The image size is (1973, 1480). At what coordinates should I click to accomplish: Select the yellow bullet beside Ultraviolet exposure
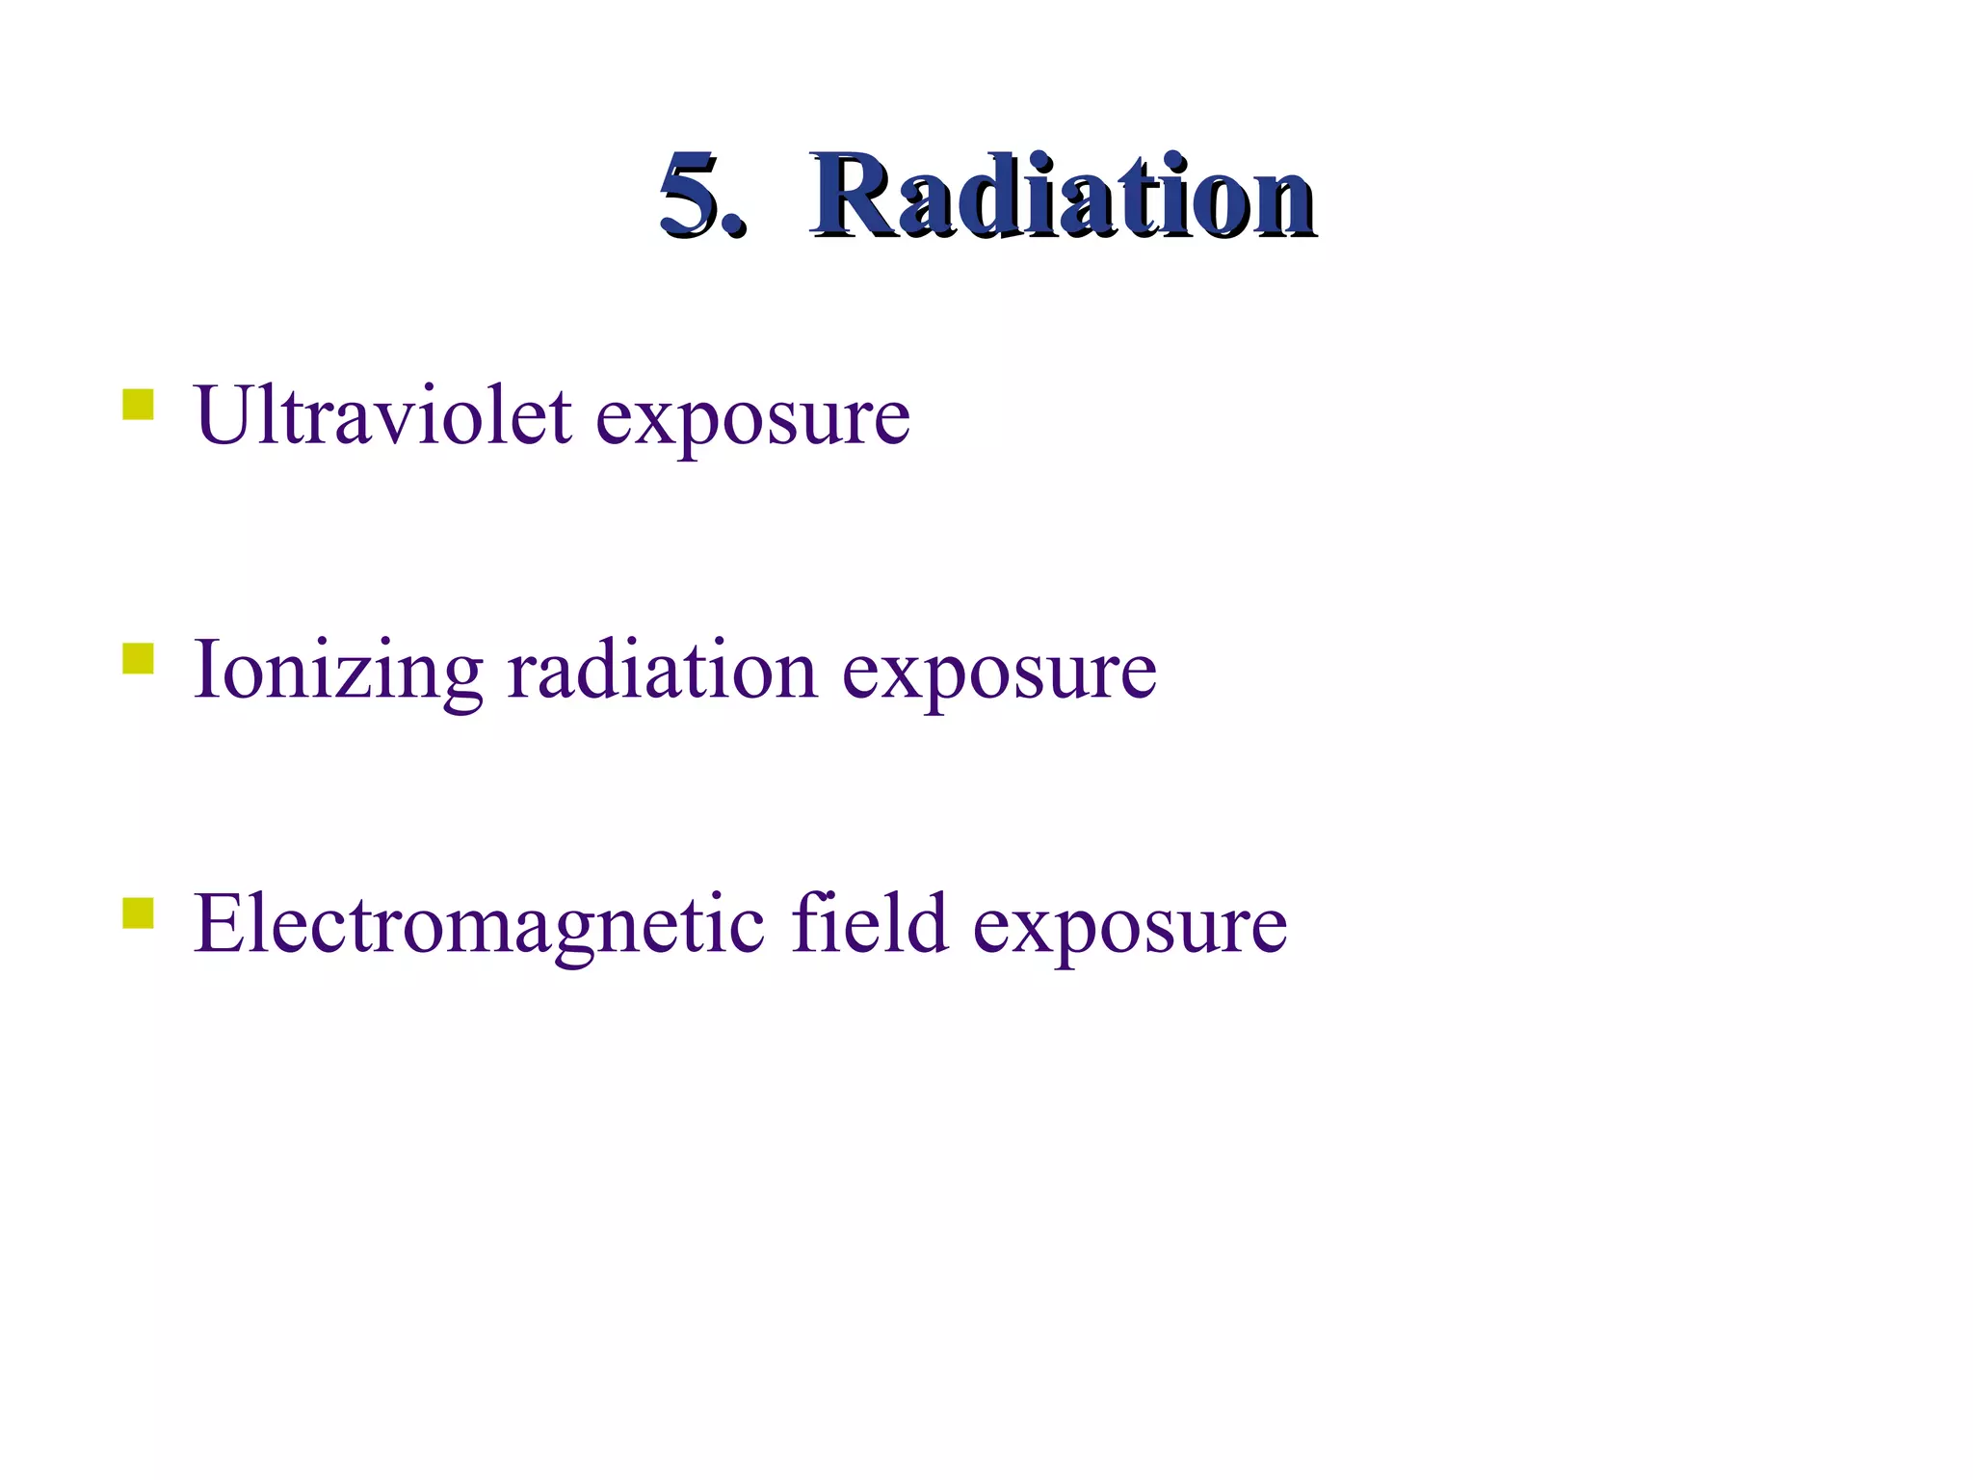[x=138, y=405]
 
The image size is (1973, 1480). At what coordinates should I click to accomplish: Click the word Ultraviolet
[x=382, y=416]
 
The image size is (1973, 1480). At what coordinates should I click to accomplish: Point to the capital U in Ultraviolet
[x=224, y=416]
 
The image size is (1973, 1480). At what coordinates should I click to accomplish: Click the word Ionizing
[x=337, y=673]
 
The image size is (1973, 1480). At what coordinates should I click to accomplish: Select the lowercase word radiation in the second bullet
[x=663, y=671]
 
